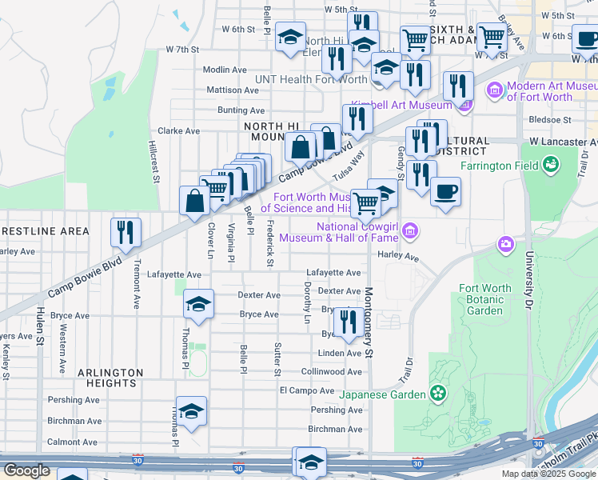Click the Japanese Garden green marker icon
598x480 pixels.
click(x=437, y=393)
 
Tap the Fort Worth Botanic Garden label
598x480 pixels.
click(x=485, y=299)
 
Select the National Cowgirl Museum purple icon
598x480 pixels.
click(x=410, y=232)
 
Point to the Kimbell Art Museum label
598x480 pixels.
click(x=402, y=106)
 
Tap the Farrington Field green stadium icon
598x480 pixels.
click(x=550, y=166)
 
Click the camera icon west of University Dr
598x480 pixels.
click(x=505, y=243)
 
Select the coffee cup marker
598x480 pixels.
click(x=445, y=192)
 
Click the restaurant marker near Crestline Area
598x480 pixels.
click(x=126, y=232)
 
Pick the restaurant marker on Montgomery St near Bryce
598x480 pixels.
click(x=347, y=322)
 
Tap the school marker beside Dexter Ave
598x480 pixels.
click(x=198, y=304)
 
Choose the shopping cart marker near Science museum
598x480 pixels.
click(x=365, y=203)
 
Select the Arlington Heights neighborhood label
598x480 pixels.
click(x=110, y=378)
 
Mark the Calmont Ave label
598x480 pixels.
click(x=74, y=442)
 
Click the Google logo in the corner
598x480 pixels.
click(x=26, y=470)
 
